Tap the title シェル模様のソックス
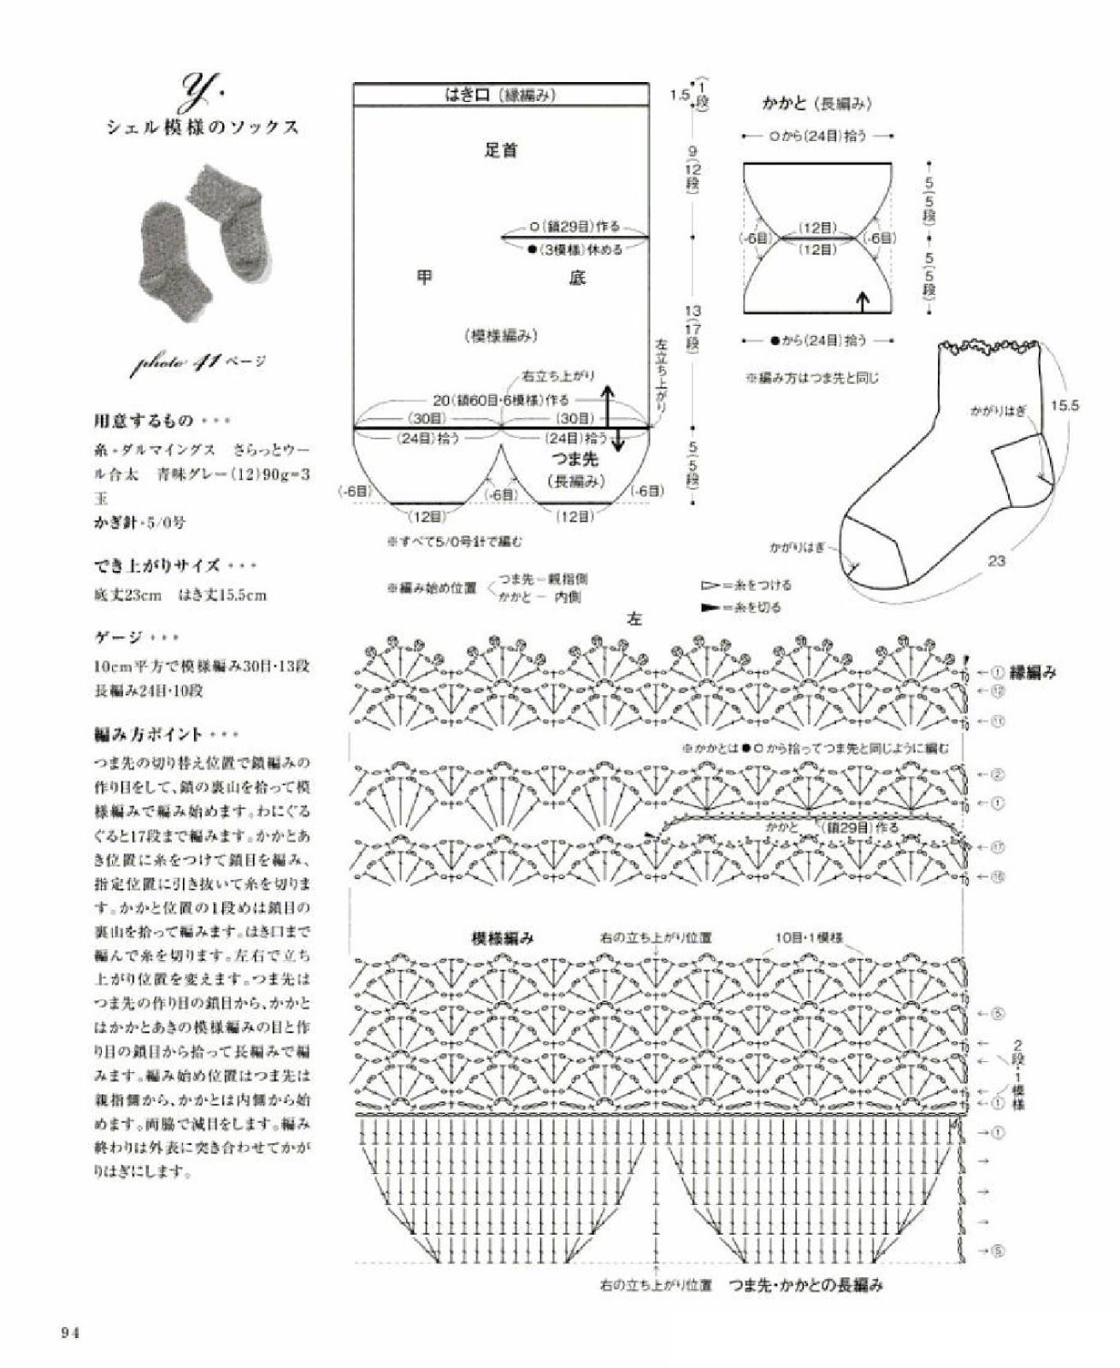tap(203, 128)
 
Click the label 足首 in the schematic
tap(500, 150)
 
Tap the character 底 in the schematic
tap(577, 277)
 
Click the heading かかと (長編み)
tap(816, 103)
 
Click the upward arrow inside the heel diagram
tap(863, 300)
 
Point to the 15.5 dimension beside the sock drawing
tap(1064, 405)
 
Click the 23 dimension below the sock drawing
tap(997, 561)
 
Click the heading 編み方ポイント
tap(149, 734)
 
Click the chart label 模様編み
tap(503, 937)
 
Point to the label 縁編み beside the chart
tap(1033, 673)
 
